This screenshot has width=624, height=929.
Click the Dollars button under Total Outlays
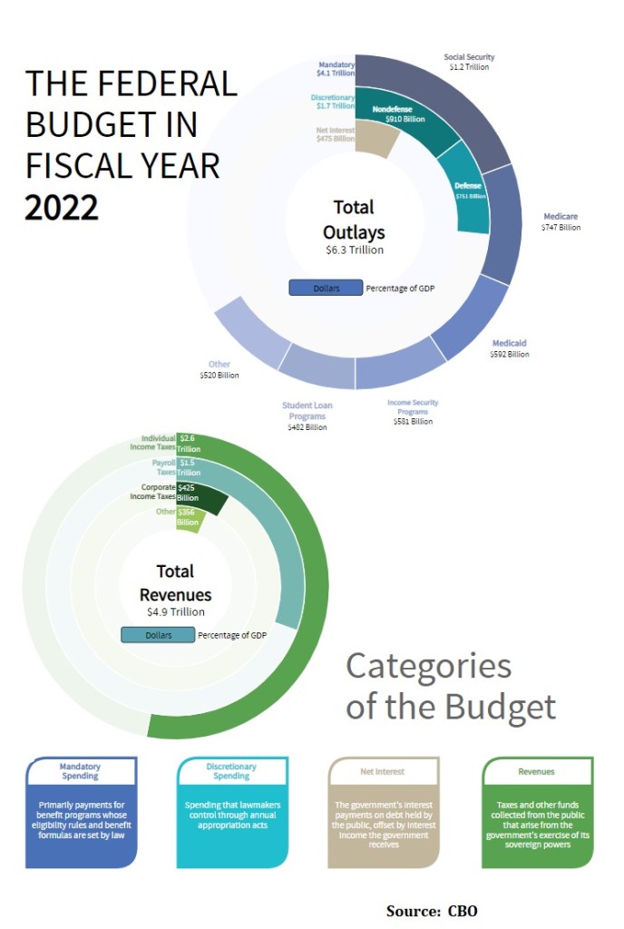coord(326,288)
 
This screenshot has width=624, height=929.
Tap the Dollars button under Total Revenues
coord(158,635)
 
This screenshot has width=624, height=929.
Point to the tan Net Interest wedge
coord(375,140)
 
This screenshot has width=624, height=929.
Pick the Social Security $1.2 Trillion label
coord(469,62)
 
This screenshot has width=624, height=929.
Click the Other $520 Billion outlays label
coord(219,369)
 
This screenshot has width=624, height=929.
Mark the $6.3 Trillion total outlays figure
coord(355,249)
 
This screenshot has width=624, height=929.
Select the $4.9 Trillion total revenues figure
coord(175,612)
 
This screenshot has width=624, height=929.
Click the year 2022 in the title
coord(61,208)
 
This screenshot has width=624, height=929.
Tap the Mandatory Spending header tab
coord(80,771)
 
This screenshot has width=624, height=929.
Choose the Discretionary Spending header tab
coord(231,771)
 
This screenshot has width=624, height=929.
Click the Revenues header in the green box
coord(536,771)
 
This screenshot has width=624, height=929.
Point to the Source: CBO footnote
coord(431,910)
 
